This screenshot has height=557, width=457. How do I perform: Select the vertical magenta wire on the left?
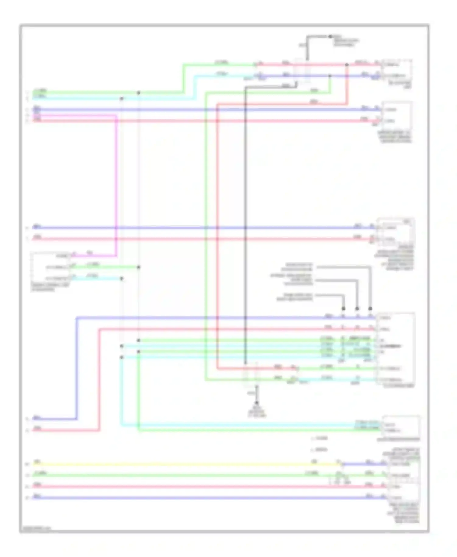(116, 183)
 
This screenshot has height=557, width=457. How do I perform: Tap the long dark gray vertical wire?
(246, 213)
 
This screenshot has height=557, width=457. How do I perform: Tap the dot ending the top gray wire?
(330, 37)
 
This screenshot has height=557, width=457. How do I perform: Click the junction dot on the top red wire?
(347, 65)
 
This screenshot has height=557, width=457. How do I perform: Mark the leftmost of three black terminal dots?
(343, 309)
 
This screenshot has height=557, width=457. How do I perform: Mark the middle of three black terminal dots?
(357, 309)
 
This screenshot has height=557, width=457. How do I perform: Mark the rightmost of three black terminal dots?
(370, 309)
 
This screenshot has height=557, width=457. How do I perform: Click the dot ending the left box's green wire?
(139, 267)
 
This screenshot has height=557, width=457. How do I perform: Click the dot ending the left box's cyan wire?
(122, 278)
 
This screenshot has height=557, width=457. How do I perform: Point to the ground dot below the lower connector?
(257, 403)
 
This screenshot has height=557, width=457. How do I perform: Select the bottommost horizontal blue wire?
(198, 498)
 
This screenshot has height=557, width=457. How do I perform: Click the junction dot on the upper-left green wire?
(139, 93)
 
